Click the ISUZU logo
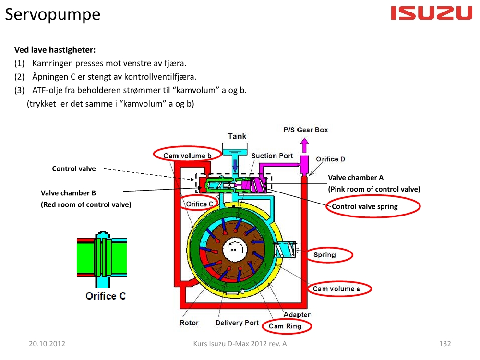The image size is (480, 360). tap(432, 13)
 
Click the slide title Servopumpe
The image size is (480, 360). tap(53, 14)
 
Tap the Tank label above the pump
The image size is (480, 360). tap(237, 136)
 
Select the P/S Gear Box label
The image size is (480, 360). tap(306, 130)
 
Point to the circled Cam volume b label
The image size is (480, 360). tap(187, 155)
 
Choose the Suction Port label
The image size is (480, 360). tap(272, 156)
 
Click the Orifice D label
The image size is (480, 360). tap(330, 159)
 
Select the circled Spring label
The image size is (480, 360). tap(325, 255)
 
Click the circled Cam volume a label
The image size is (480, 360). tap(337, 288)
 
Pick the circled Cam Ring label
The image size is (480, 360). tap(285, 326)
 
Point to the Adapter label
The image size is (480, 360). tap(297, 315)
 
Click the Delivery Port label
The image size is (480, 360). tap(237, 323)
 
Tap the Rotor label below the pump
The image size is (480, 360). tap(189, 323)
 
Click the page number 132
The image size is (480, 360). tap(445, 344)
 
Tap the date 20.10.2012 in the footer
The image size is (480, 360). tap(47, 344)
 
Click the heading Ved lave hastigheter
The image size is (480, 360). tap(55, 50)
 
